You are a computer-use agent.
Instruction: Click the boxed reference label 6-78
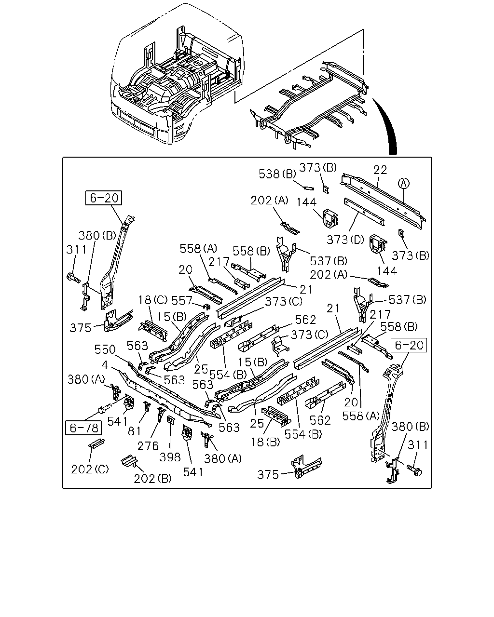pos(83,428)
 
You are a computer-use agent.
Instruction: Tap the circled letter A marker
pos(404,183)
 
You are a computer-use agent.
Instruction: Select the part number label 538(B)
pos(277,174)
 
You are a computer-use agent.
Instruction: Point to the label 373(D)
pos(345,240)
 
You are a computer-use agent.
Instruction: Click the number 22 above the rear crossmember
pos(380,170)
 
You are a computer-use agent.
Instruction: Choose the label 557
pos(181,300)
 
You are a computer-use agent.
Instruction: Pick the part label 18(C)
pos(153,300)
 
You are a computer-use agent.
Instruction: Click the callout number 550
pos(105,349)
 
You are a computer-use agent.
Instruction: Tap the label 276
pos(148,446)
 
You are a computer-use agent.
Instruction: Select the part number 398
pos(170,457)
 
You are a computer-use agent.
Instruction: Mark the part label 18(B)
pos(265,442)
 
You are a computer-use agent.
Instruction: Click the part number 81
pos(134,431)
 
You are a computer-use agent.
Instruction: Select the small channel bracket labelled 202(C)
pos(96,443)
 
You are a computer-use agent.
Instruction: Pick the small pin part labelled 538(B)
pos(309,188)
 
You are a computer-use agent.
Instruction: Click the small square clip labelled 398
pos(170,420)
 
